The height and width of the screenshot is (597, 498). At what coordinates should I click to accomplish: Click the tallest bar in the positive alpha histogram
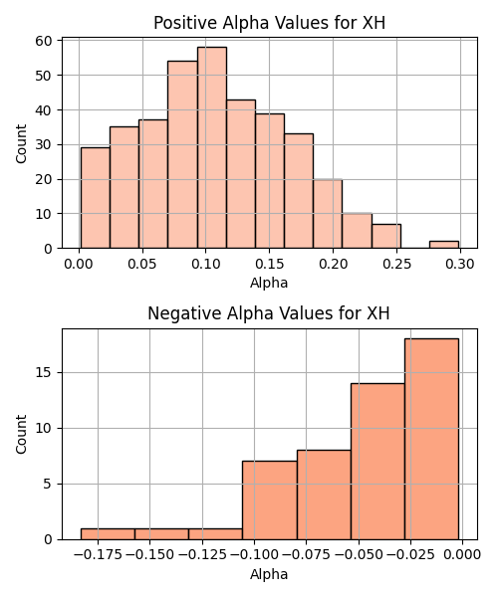coord(212,147)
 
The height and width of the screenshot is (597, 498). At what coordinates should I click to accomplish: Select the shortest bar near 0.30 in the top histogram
coord(444,245)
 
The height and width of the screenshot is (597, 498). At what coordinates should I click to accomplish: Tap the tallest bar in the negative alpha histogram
coord(431,439)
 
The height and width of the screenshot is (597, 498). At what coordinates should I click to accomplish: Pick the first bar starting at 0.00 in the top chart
coord(96,198)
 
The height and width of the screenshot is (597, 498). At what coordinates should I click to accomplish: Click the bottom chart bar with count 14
coord(377,462)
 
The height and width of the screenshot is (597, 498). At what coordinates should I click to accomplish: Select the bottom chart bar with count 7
coord(270,500)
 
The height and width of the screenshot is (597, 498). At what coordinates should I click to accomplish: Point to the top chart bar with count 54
coord(182,154)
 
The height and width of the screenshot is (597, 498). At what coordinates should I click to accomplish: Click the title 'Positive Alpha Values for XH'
coord(269,23)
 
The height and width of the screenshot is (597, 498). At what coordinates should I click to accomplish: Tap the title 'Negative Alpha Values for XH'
coord(269,313)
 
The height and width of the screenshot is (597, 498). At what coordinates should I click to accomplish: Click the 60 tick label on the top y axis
coord(44,41)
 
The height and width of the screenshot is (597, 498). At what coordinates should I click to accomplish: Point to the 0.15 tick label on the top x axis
coord(269,264)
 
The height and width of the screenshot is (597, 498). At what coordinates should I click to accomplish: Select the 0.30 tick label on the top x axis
coord(460,264)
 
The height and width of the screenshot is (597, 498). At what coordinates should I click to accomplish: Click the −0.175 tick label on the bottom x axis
coord(99,555)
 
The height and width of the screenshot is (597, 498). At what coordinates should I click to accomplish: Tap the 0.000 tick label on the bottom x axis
coord(462,555)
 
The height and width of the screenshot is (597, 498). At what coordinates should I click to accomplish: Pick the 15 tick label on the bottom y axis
coord(44,373)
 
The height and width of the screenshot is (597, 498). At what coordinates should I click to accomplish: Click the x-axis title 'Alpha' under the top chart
coord(269,283)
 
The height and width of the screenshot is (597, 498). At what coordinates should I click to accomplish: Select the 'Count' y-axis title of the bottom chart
coord(21,435)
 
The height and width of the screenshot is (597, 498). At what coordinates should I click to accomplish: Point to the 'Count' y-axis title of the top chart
coord(21,143)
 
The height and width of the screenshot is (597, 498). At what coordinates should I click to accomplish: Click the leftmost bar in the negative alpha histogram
coord(108,534)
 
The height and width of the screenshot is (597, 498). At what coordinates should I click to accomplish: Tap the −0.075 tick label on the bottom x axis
coord(307,555)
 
